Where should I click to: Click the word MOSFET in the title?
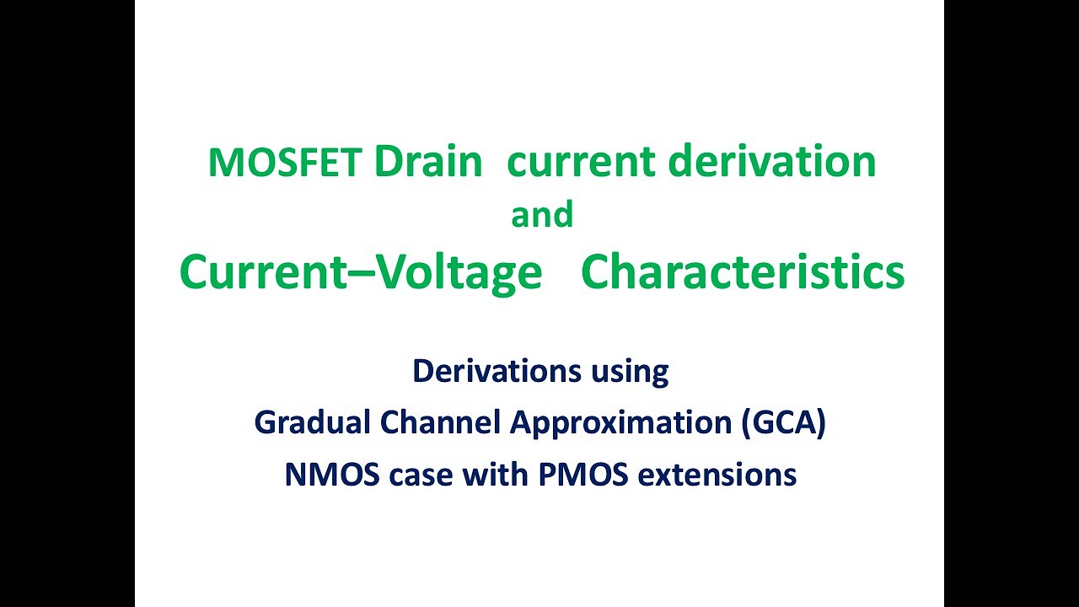tap(285, 163)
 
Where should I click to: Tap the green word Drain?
tap(428, 162)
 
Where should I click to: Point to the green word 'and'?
tap(542, 215)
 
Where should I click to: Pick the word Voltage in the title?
tap(458, 272)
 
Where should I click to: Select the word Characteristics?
tap(743, 272)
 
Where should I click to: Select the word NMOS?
tap(331, 475)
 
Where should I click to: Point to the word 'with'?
tap(497, 475)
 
